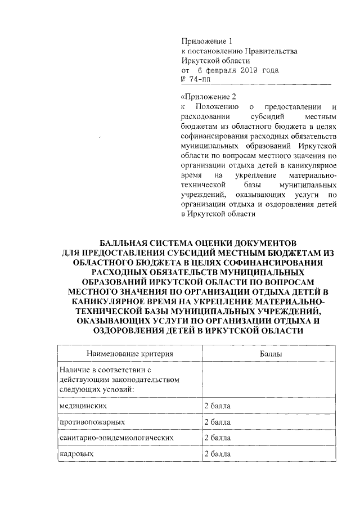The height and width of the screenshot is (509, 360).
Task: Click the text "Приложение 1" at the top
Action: pyautogui.click(x=206, y=41)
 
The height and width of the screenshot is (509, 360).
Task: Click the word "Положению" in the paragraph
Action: pyautogui.click(x=217, y=106)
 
